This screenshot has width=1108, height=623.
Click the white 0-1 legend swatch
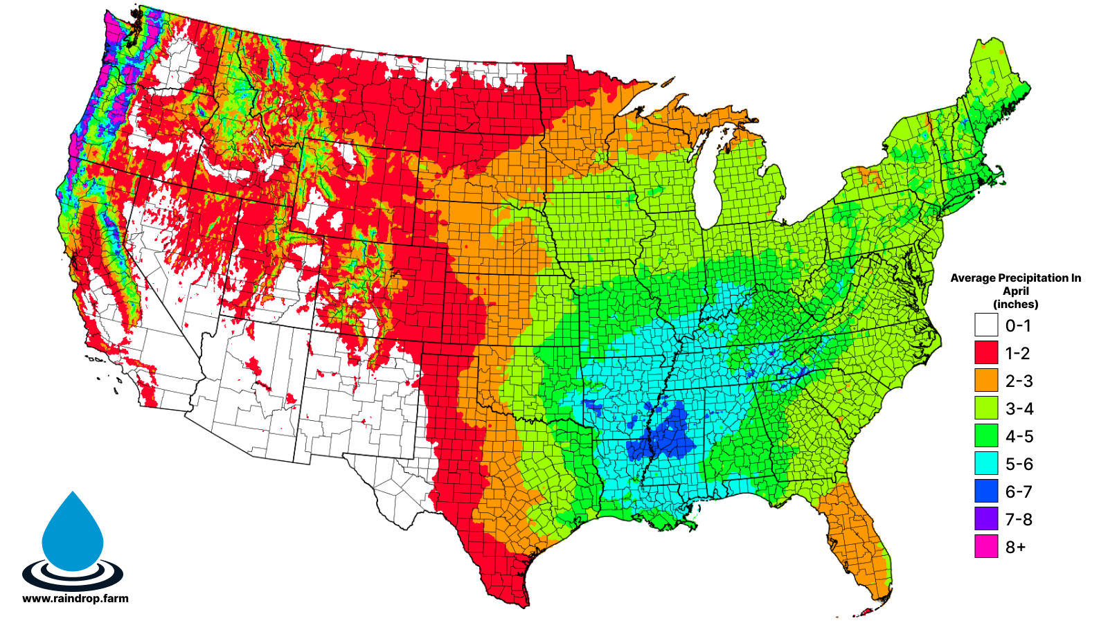coord(986,325)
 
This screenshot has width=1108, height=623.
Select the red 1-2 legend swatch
coord(986,352)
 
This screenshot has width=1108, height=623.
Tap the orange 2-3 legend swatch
coord(986,380)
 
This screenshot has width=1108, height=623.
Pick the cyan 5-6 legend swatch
coord(986,463)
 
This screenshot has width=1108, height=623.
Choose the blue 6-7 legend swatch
coord(986,491)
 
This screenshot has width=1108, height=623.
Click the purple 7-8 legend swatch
coord(986,518)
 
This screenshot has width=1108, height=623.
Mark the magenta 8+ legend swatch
coord(986,546)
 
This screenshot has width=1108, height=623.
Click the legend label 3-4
coord(1019,408)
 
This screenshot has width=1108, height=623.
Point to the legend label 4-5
coord(1019,436)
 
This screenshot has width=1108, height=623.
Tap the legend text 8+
coord(1015,547)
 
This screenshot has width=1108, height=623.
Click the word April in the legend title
coord(1016,291)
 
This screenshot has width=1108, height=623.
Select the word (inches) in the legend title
coord(1016,304)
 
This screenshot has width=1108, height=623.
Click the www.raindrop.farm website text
coord(75,599)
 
